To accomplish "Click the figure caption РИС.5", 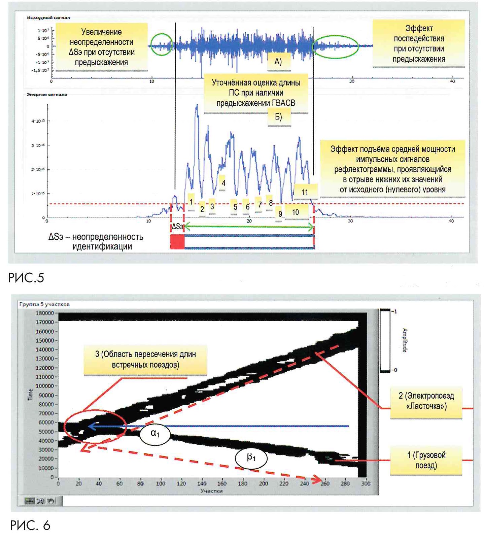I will pos(26,278).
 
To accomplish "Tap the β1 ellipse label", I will pos(251,458).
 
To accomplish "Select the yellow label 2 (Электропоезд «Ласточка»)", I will pos(426,401).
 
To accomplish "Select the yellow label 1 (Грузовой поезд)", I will pos(426,460).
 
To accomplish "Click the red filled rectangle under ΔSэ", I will pos(177,242).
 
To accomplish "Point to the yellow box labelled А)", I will pos(278,62).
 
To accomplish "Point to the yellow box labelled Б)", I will pos(279,117).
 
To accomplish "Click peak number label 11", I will pos(305,192).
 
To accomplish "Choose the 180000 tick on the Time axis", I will pos(45,313).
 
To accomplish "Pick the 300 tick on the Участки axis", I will pos(366,483).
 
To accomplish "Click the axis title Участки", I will pos(211,491).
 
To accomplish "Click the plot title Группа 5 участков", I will pos(44,304).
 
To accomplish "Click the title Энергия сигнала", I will pos(47,95).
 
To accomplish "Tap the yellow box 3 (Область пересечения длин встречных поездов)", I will pos(145,360).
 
